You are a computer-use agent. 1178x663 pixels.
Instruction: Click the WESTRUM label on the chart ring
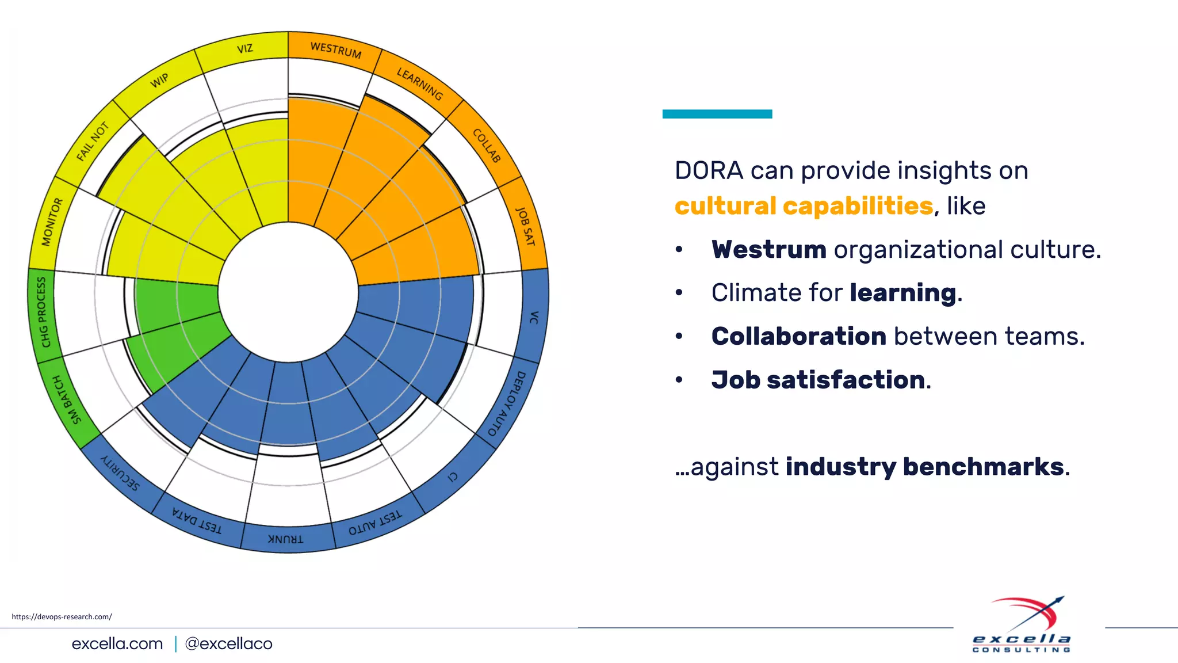[x=336, y=50]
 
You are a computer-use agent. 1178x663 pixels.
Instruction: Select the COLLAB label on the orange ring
[x=487, y=146]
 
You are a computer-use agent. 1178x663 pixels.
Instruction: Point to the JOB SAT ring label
[x=525, y=227]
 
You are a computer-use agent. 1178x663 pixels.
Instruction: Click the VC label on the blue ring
[x=534, y=317]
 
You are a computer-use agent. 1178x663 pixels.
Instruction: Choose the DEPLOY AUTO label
[x=506, y=403]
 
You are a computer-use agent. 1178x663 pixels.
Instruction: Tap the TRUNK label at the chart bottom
[x=285, y=539]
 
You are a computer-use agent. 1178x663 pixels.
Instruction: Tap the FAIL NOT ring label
[x=93, y=141]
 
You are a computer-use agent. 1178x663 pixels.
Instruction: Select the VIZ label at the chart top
[x=245, y=48]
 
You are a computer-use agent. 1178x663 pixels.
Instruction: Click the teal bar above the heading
[x=717, y=114]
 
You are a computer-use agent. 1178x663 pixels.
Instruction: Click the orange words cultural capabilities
[x=804, y=206]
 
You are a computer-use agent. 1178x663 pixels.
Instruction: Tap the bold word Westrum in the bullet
[x=768, y=250]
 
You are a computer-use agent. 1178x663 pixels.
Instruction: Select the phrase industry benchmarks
[x=924, y=467]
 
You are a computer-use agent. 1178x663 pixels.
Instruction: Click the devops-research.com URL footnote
[x=62, y=616]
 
